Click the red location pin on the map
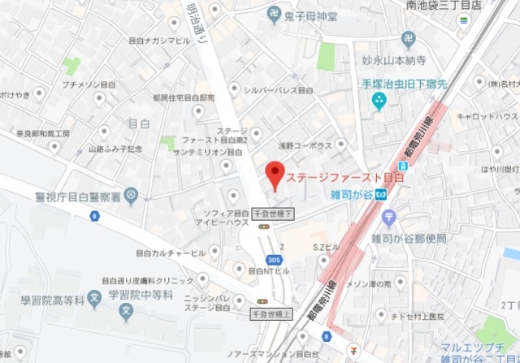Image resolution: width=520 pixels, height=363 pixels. coord(275,175)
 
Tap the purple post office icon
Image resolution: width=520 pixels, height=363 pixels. coord(388,217)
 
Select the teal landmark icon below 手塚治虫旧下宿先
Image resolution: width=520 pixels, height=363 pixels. coord(379,100)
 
